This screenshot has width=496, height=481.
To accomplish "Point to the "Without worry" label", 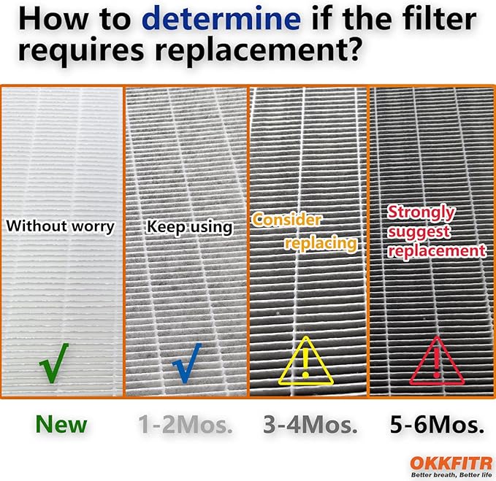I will click(x=61, y=226).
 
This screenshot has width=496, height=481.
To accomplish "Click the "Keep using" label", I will click(x=190, y=227).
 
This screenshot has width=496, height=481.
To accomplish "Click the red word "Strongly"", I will click(x=421, y=213).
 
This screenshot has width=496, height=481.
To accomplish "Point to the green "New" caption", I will click(x=61, y=424).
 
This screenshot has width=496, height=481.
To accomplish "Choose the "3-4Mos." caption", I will click(x=308, y=425).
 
